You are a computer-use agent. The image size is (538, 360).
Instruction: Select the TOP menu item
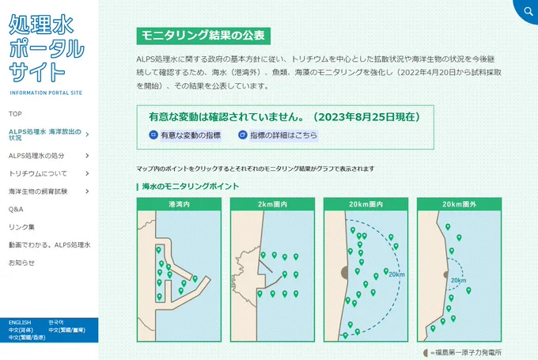16,114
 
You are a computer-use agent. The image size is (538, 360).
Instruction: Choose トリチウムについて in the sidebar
38,173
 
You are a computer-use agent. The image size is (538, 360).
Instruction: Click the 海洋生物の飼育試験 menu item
38,191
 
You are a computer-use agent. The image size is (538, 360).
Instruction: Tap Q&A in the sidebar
17,210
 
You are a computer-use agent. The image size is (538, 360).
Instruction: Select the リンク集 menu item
21,227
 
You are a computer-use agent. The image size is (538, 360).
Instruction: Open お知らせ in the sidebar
21,262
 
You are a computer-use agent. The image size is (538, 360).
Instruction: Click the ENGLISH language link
20,323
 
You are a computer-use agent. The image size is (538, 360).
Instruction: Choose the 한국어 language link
56,323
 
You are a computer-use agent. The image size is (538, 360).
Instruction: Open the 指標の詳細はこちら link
278,135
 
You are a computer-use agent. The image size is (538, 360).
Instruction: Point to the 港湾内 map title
179,204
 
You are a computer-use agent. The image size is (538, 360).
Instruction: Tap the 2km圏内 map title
272,204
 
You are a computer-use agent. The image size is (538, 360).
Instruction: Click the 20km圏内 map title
366,204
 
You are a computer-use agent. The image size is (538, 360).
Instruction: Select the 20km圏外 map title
459,204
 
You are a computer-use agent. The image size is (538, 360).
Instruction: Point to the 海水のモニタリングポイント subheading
190,187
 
